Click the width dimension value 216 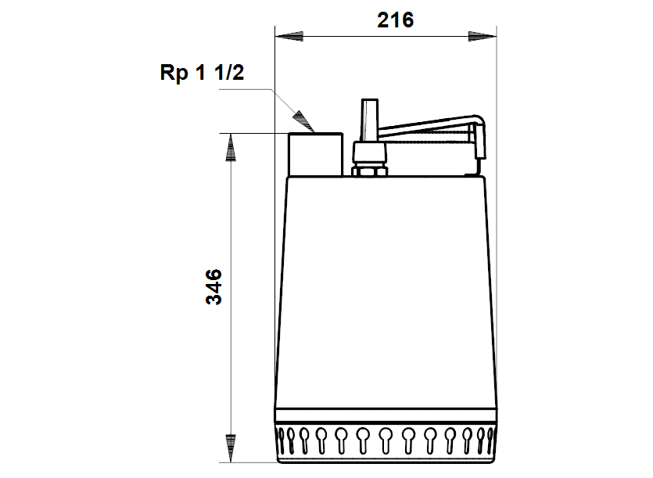(395, 21)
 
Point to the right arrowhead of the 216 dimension (482, 36)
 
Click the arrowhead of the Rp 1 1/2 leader (302, 120)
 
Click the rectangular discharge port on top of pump (315, 154)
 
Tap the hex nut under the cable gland (369, 170)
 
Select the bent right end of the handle (479, 141)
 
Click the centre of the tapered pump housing (386, 289)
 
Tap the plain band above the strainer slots (386, 418)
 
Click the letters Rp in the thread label (173, 74)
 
